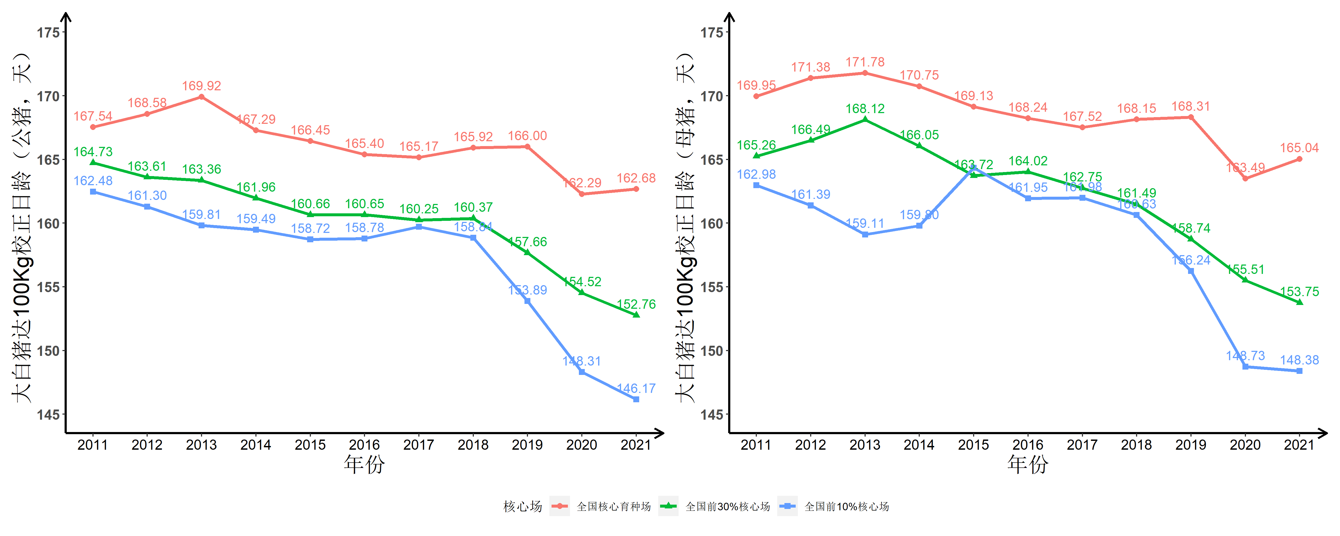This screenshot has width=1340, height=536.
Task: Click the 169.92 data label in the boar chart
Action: (x=201, y=86)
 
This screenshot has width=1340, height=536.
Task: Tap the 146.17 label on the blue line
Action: (x=636, y=389)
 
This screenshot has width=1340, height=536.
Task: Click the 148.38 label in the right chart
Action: (x=1299, y=360)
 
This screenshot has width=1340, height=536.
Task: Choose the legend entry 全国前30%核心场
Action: (x=727, y=506)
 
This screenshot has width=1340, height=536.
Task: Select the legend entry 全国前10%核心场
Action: (x=846, y=506)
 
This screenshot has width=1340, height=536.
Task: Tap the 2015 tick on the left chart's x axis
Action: (x=310, y=445)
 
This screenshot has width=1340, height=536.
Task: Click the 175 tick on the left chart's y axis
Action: (x=49, y=32)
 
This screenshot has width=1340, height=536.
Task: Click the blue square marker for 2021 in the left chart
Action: (x=636, y=399)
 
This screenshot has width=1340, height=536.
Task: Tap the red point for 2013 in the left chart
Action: (x=201, y=97)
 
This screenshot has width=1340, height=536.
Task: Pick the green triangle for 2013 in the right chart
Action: (x=865, y=120)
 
